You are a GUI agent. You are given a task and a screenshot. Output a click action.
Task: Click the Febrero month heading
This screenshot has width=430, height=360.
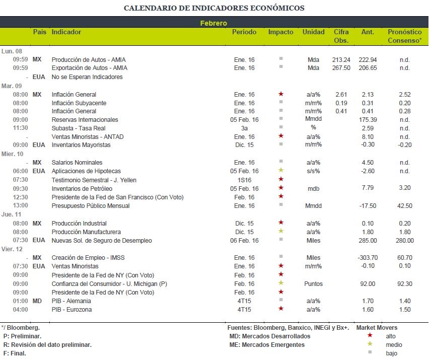point(213,23)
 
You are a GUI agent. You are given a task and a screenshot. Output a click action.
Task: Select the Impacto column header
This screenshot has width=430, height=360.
point(280,32)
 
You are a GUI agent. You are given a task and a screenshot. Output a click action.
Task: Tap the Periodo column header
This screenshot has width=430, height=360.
point(244,32)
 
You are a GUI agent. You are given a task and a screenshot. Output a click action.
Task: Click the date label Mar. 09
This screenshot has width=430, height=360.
point(12,86)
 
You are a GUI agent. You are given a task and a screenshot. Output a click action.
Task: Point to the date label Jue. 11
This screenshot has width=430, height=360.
point(11,214)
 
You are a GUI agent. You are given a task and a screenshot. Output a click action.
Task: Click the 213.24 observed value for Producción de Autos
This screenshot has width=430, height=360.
point(341,59)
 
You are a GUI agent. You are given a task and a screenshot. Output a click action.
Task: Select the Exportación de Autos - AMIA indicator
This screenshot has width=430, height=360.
point(90,68)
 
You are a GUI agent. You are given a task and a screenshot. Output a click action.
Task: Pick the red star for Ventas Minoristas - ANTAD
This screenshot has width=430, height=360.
point(281,136)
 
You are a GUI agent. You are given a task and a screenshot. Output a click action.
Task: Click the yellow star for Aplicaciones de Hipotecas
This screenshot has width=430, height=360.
point(281,170)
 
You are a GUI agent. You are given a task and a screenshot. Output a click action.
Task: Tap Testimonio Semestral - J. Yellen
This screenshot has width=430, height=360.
point(94,180)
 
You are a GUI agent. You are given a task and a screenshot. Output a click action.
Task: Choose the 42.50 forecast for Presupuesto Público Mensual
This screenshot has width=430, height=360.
point(404,205)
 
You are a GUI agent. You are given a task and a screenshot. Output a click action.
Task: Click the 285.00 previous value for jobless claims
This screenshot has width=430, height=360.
point(368,241)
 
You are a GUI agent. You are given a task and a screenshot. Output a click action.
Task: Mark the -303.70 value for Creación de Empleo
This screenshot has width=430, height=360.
point(368,257)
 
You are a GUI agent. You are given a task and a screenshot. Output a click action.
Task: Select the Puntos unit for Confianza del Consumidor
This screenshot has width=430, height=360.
point(313,284)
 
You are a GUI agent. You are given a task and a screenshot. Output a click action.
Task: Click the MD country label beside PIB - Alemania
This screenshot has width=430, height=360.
point(37,301)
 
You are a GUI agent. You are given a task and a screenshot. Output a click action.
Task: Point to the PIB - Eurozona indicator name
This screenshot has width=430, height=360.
point(71,309)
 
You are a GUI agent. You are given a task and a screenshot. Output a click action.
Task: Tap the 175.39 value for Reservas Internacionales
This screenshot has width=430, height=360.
point(368,119)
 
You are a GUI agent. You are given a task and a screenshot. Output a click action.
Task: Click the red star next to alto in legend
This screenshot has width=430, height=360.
point(370,335)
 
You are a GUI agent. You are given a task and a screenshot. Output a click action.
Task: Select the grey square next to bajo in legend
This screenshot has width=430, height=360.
point(370,352)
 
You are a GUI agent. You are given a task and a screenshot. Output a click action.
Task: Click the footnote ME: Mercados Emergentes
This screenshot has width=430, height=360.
point(267,345)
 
